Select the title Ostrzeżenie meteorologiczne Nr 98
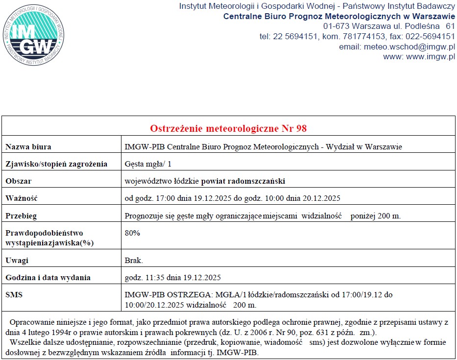(x=228, y=128)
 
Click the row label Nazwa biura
(x=28, y=146)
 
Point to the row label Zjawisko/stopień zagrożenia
(x=56, y=164)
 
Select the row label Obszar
(x=18, y=181)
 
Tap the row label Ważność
(x=21, y=198)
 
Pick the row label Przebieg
(x=21, y=216)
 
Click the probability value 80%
(x=132, y=233)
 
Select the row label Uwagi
(x=17, y=260)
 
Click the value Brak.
(x=134, y=260)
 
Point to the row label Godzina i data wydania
(x=48, y=278)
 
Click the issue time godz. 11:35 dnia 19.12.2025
(x=173, y=278)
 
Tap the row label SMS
(x=14, y=295)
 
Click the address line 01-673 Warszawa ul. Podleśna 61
(x=389, y=25)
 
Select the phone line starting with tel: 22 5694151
(x=357, y=36)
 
